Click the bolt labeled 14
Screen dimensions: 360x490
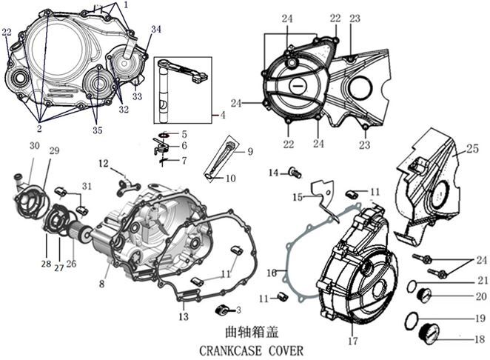coord(295,173)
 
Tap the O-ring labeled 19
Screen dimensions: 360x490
coord(412,321)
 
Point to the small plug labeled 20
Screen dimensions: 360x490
coord(434,296)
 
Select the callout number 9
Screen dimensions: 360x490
coord(249,151)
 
